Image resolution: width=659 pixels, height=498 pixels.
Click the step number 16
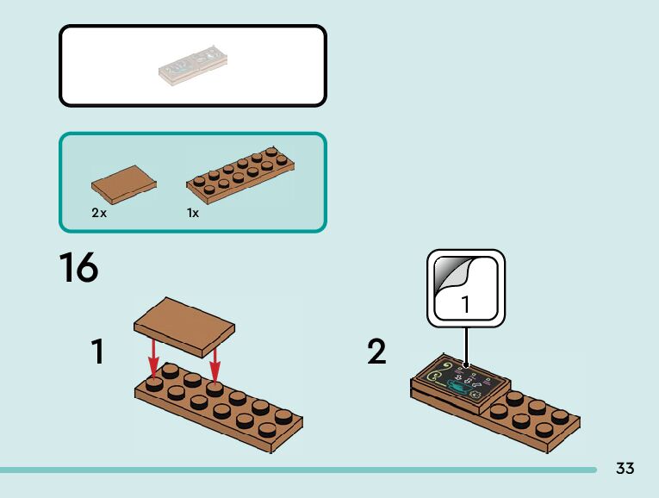(x=78, y=268)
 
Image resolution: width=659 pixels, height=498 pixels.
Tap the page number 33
(x=625, y=468)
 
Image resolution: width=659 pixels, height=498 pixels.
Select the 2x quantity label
(x=99, y=212)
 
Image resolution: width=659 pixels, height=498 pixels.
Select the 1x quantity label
(x=193, y=212)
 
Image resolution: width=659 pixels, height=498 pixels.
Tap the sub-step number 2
(x=376, y=352)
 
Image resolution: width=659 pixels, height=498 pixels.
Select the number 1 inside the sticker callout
(x=466, y=303)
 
